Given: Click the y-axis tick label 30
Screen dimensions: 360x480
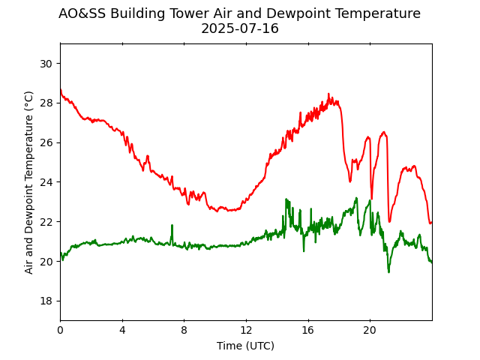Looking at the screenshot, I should click(x=46, y=64).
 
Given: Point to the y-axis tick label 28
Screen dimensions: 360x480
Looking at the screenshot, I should click(x=46, y=103).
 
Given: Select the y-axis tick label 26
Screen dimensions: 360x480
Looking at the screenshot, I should click(x=46, y=142).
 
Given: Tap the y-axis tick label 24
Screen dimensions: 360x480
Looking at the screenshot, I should click(x=46, y=182).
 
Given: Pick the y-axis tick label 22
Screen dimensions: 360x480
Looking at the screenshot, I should click(x=46, y=222).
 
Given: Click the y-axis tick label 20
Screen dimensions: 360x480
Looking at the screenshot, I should click(x=46, y=262).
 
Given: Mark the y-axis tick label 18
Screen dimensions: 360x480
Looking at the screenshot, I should click(x=46, y=301).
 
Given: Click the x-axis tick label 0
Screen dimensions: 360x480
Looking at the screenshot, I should click(x=60, y=330).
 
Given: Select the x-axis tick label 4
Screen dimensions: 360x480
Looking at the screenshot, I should click(x=122, y=330).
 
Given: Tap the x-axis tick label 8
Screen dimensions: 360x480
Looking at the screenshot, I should click(x=184, y=330).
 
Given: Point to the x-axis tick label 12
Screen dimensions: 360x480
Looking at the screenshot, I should click(x=246, y=330).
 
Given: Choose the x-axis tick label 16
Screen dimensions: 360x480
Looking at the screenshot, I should click(x=307, y=330).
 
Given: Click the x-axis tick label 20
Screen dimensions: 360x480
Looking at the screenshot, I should click(x=370, y=330).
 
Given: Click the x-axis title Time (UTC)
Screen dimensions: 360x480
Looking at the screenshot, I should click(x=245, y=346).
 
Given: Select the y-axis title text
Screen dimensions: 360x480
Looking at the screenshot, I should click(x=29, y=182).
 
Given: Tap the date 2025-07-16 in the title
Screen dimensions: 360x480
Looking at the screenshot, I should click(x=239, y=29).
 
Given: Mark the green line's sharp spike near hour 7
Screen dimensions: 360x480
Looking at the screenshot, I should click(x=172, y=225).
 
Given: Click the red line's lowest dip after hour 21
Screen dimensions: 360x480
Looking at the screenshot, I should click(x=389, y=221).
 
